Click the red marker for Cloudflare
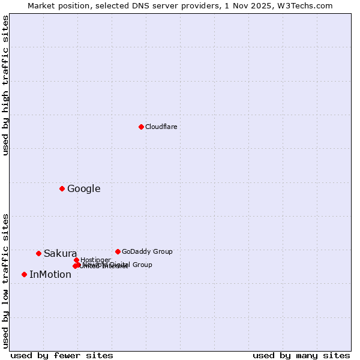(141, 127)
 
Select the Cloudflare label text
(161, 127)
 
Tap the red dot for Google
(62, 188)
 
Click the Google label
(83, 189)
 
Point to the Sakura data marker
(38, 253)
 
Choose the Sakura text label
(60, 254)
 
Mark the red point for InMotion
(24, 274)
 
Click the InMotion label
(50, 275)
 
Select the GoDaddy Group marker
(118, 251)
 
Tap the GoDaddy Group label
(147, 251)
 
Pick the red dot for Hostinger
(76, 260)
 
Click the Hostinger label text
(95, 260)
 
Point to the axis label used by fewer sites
(62, 355)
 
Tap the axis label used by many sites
(301, 355)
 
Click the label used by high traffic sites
(5, 85)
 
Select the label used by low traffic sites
(5, 280)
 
